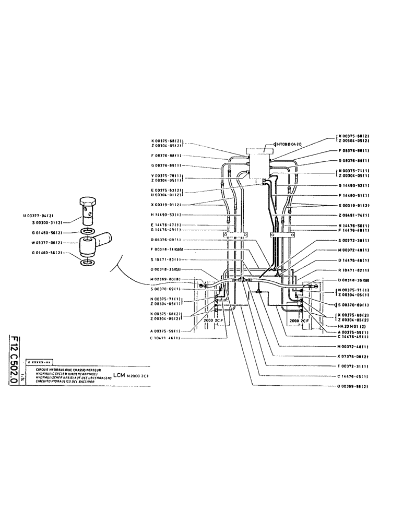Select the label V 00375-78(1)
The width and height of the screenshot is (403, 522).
coord(165,176)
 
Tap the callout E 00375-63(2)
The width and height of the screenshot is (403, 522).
coord(165,191)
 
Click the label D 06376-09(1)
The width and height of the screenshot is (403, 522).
coord(165,240)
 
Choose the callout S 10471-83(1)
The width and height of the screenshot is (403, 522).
coord(165,259)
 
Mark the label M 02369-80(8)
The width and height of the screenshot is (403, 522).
coord(165,279)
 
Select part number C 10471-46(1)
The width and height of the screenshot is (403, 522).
coord(165,338)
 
